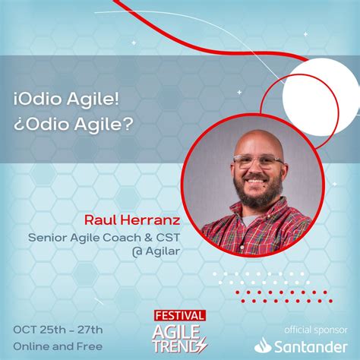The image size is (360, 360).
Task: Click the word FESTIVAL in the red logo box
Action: coord(179,314)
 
